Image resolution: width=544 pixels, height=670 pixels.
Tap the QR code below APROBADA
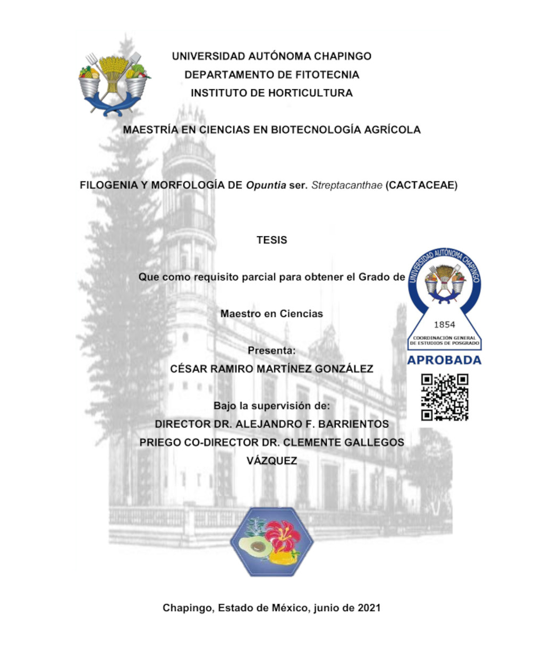point(445,397)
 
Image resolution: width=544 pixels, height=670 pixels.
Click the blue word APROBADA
point(444,360)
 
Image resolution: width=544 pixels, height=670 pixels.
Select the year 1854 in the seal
point(445,324)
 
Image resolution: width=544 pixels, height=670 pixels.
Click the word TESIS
point(271,240)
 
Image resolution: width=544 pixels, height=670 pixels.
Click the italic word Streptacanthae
point(346,185)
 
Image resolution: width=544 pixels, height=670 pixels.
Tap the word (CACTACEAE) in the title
point(421,185)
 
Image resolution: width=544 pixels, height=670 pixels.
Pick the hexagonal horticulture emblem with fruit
point(272,542)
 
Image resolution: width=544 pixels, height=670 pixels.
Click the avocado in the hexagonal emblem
point(252,546)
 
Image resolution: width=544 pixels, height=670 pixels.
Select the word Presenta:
point(271,350)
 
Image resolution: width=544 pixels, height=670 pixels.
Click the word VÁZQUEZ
point(271,461)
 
